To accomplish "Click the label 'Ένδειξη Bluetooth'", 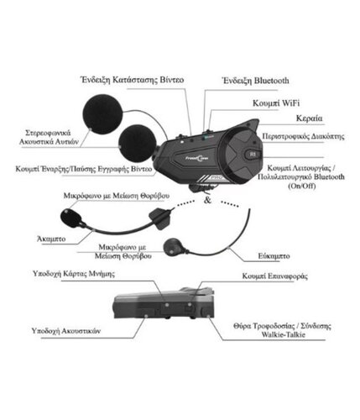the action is tap(255, 81).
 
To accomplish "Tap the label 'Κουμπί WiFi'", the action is tap(276, 103).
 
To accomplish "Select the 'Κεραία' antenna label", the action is tap(309, 118).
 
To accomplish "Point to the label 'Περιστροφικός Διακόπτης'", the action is tap(303, 136).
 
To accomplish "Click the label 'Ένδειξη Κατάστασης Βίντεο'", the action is tap(133, 80).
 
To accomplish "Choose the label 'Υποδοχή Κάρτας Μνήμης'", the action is tap(74, 274).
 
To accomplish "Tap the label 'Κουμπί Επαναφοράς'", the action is tap(274, 276).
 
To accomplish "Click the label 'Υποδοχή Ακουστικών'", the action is tap(66, 331).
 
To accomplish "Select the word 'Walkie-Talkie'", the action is tap(283, 334).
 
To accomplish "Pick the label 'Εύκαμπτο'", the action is tap(274, 256).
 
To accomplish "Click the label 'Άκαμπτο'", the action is tap(51, 239).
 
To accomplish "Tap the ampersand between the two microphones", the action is tap(207, 200).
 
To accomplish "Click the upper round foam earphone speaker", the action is tap(102, 114).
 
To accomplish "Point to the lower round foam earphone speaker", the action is tap(137, 143).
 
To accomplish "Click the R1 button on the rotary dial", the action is tap(253, 154).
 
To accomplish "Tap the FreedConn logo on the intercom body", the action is tap(197, 159).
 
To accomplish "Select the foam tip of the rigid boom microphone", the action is tap(71, 218).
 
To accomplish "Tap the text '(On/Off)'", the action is tap(302, 186).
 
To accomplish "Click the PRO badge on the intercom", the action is tap(216, 177).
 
